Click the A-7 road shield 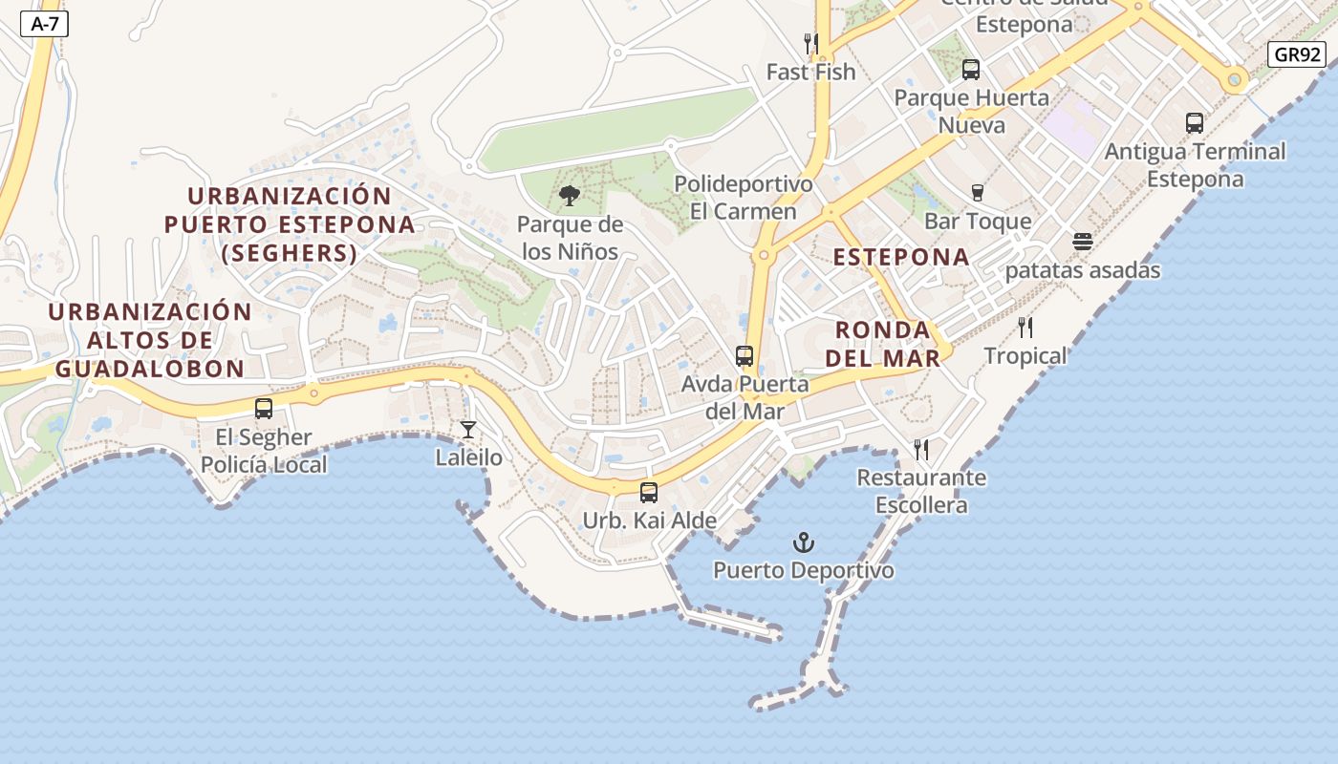coord(45,25)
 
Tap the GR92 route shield coord(1298,54)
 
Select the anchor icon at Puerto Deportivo coord(804,543)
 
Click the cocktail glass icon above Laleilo coord(468,430)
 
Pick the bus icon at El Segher coord(264,409)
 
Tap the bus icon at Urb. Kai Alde coord(649,493)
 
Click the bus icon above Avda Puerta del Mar coord(745,356)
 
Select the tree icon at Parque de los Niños coord(570,197)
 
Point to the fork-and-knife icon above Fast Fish coord(810,43)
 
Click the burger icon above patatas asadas coord(1082,242)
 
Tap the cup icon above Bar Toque coord(977,193)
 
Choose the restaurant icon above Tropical coord(1025,328)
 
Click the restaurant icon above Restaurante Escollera coord(921,449)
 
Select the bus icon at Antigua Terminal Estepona coord(1195,122)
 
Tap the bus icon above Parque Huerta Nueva coord(971,70)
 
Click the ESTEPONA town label coord(901,257)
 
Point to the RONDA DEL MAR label coord(883,344)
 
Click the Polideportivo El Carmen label coord(744,198)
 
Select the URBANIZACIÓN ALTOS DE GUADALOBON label coord(150,340)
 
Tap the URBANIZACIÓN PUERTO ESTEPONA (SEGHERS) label coord(290,224)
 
